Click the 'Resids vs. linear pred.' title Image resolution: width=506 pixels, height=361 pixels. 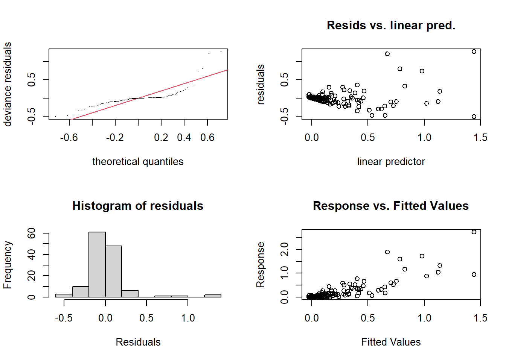click(x=391, y=25)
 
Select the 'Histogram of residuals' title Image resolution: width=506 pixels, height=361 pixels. click(x=138, y=206)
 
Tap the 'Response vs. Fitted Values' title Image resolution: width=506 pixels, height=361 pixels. click(x=391, y=206)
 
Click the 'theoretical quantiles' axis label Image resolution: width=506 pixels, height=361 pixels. click(x=138, y=162)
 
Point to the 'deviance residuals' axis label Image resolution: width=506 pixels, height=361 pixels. click(x=8, y=84)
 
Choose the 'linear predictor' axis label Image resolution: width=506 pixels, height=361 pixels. click(x=391, y=162)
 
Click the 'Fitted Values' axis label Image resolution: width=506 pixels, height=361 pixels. click(x=391, y=342)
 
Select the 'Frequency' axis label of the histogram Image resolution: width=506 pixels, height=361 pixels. click(x=8, y=265)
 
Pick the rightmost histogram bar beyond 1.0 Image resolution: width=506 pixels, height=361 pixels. click(x=213, y=296)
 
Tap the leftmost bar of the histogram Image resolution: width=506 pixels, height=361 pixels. click(x=64, y=296)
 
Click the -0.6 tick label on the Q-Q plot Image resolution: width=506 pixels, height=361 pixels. click(x=69, y=138)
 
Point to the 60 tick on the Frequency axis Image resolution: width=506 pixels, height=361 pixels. click(x=32, y=234)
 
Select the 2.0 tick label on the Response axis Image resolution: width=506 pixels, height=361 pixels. click(x=285, y=249)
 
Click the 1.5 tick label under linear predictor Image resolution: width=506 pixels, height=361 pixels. click(x=480, y=138)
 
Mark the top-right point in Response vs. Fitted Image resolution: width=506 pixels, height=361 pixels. click(x=474, y=232)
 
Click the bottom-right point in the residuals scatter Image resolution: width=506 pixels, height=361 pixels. click(x=474, y=117)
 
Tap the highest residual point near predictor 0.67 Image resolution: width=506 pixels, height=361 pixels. click(x=387, y=54)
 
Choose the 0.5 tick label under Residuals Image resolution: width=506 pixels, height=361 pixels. click(x=146, y=318)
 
